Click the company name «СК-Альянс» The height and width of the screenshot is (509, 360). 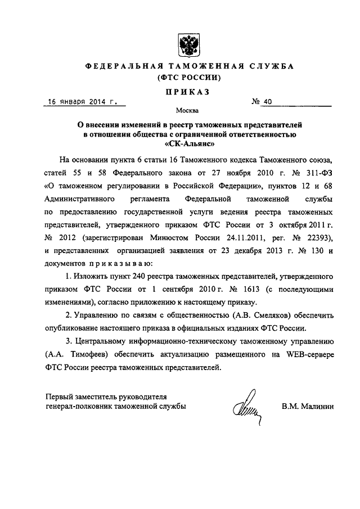(186, 144)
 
